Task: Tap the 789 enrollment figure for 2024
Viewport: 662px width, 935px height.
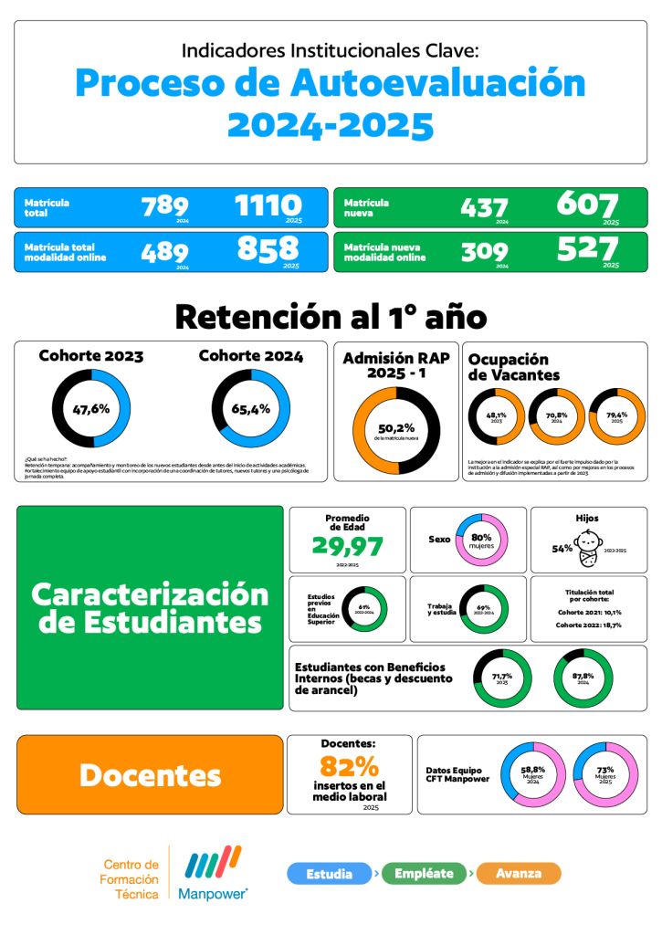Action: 165,206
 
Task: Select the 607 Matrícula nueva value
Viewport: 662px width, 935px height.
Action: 587,205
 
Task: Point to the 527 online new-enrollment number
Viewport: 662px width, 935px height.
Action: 587,248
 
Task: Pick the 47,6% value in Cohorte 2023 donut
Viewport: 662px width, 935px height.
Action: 91,408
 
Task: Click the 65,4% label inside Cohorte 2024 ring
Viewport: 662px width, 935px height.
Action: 250,408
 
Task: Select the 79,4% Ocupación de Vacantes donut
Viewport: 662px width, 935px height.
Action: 616,416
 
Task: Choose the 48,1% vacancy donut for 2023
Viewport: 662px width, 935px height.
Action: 497,416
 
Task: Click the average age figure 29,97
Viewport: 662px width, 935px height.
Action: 347,546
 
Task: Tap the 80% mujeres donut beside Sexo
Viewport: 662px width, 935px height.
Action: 481,539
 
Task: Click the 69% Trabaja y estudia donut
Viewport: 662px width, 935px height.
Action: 484,608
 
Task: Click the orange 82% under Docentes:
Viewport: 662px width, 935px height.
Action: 349,765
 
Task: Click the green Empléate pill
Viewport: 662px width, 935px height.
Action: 425,874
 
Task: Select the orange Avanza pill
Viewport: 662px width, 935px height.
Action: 518,874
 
